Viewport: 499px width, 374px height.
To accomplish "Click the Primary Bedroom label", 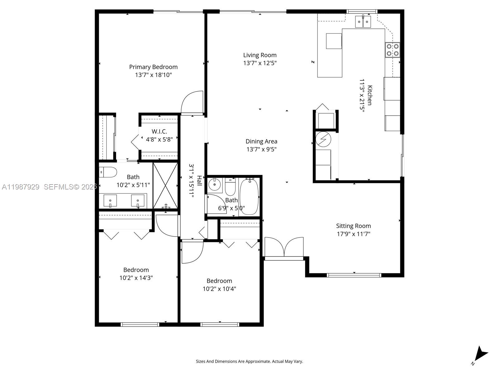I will tap(153, 67).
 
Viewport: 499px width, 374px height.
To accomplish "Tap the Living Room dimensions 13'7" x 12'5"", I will tap(260, 63).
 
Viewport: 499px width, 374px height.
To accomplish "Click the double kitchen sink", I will tap(363, 22).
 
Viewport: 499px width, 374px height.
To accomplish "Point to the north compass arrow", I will tap(480, 354).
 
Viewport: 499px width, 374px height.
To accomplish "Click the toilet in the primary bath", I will tap(108, 172).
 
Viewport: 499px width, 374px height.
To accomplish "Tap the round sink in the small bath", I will tap(215, 185).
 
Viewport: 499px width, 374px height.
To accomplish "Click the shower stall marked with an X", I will tap(165, 185).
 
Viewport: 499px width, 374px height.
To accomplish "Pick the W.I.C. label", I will tap(159, 132).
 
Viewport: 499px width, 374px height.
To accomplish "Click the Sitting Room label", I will tap(353, 226).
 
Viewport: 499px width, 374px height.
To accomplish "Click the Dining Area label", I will tap(261, 141).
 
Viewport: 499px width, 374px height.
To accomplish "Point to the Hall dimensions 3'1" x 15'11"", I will tap(191, 181).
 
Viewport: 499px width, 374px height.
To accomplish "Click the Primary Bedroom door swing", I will tap(192, 103).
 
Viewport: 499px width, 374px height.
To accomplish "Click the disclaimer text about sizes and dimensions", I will tap(249, 362).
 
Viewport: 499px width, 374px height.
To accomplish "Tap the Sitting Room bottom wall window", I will tap(354, 275).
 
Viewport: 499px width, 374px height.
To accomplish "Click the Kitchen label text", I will tap(370, 95).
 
